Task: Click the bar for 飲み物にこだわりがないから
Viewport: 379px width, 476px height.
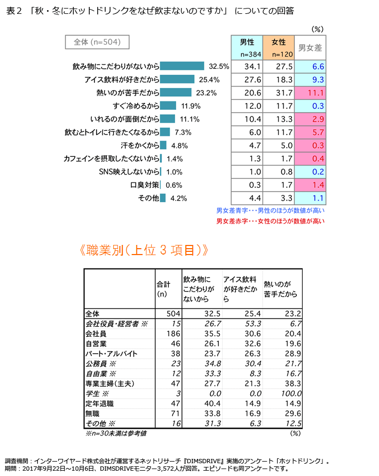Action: [183, 66]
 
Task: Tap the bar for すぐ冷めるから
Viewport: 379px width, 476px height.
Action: [169, 106]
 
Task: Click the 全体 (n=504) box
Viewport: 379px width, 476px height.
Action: [97, 42]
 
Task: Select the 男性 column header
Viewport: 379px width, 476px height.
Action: [247, 47]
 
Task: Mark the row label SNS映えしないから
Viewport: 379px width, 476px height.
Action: [129, 172]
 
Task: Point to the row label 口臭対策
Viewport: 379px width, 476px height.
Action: [145, 185]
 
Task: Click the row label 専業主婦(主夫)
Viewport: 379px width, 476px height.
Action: [109, 384]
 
